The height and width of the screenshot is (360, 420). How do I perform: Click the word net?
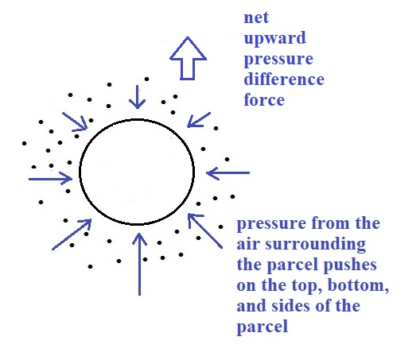click(x=256, y=18)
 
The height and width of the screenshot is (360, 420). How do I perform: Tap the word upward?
click(x=274, y=38)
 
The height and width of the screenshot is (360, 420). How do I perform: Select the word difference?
click(x=284, y=79)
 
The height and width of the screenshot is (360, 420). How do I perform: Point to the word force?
click(x=264, y=99)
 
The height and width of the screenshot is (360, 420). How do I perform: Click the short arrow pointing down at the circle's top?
click(x=138, y=97)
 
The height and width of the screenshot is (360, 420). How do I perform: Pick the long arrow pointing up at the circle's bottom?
click(x=139, y=264)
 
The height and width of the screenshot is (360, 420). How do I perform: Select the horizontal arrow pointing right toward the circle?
click(x=50, y=179)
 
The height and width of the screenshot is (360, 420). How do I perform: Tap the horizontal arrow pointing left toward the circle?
click(x=228, y=173)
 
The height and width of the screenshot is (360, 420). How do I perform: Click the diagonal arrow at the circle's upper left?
click(x=75, y=122)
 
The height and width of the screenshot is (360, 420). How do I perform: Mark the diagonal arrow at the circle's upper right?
click(x=199, y=120)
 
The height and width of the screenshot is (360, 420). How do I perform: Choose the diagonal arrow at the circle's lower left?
click(x=72, y=234)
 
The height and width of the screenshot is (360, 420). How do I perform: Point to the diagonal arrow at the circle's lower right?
click(x=205, y=230)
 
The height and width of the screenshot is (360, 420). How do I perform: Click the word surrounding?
click(x=315, y=245)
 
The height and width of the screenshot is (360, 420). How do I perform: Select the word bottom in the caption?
click(x=358, y=285)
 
